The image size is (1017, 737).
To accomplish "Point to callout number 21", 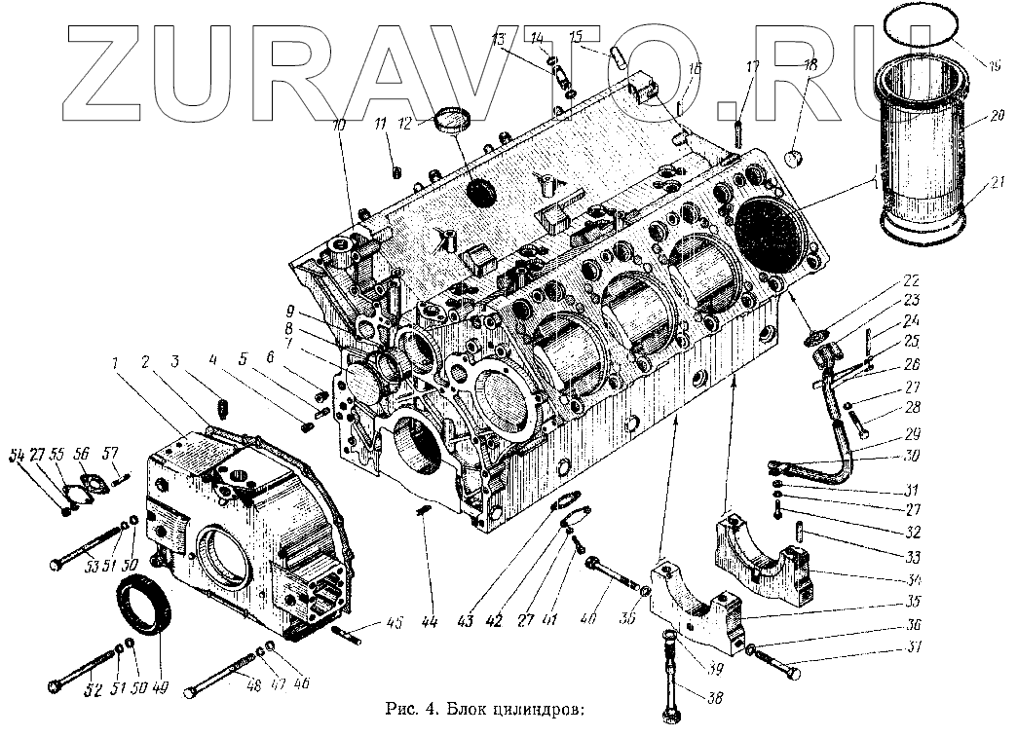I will pos(996,181).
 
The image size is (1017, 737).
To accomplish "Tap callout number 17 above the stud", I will pos(752,67).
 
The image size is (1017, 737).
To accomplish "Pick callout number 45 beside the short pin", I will pos(395,624).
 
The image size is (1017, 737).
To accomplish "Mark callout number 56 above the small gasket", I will pos(81,455).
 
